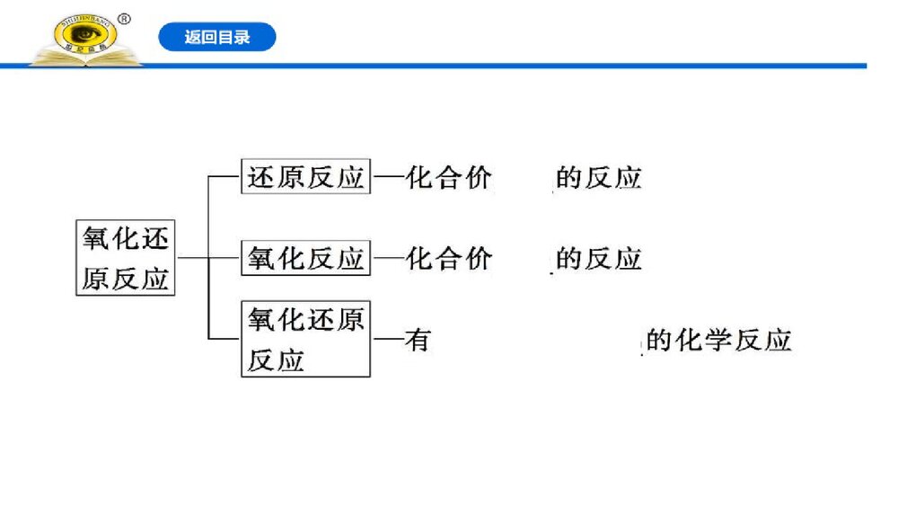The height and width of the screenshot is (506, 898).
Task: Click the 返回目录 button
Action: (217, 38)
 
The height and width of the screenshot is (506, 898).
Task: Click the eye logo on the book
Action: (85, 35)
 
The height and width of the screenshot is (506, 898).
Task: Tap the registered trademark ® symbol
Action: (125, 18)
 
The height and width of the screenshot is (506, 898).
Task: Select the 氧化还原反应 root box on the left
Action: (125, 258)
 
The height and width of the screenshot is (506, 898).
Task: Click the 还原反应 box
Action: (305, 177)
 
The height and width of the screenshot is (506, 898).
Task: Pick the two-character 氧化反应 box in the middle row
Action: (305, 259)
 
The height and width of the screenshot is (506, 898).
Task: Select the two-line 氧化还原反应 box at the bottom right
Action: (305, 339)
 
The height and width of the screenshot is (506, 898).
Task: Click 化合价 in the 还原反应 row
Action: (449, 177)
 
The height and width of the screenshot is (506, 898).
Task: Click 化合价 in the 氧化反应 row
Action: (449, 259)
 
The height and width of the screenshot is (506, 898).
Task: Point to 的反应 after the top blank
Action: (599, 177)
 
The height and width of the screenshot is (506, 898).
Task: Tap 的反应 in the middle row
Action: (599, 259)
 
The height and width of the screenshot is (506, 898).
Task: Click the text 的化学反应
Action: (718, 341)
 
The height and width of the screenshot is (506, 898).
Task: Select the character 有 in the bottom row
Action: (418, 341)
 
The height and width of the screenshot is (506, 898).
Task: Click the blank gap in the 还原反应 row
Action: (523, 177)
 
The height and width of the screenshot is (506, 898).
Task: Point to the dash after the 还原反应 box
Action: (387, 177)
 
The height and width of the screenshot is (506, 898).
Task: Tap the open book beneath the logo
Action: (85, 59)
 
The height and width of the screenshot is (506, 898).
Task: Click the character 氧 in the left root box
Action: (95, 238)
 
